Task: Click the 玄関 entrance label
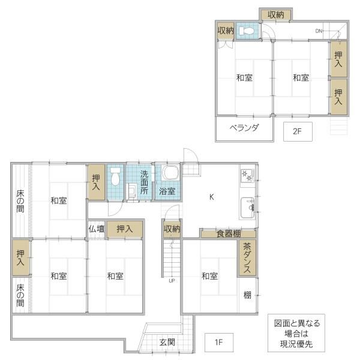pos(167,343)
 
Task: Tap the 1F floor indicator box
pos(219,343)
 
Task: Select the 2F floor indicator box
pos(298,131)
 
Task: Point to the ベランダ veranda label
pos(244,128)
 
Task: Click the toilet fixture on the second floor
pos(246,31)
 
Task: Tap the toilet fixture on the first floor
pos(115,176)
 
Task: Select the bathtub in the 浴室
pos(170,173)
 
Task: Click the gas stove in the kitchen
pos(247,176)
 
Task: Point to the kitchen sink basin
pos(247,208)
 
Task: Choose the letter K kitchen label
pos(211,197)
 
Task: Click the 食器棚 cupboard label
pos(229,234)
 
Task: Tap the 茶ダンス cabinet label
pos(247,257)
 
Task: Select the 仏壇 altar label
pos(97,229)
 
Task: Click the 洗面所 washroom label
pos(144,182)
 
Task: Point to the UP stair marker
pos(172,281)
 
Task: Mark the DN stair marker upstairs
pos(319,31)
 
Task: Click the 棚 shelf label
pos(247,295)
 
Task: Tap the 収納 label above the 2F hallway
pos(276,15)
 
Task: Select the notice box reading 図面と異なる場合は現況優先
pos(296,333)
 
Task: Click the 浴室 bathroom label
pos(167,191)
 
